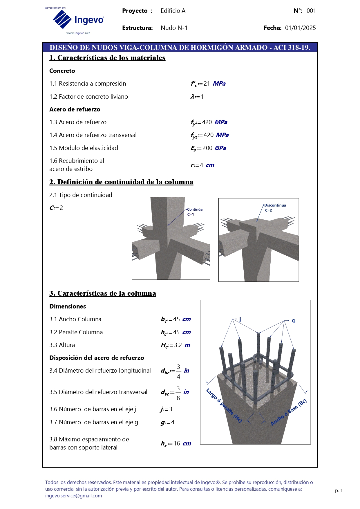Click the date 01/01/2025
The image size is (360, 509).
tap(300, 28)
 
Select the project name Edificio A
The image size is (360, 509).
tap(173, 11)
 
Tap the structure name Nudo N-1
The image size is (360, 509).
tap(174, 28)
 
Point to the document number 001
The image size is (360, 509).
tap(311, 11)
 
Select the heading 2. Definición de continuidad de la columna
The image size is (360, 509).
tap(121, 182)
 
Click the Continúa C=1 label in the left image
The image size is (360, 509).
tap(194, 212)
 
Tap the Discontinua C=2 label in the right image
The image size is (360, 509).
tap(274, 207)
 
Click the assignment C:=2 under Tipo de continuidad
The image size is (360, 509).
tap(56, 208)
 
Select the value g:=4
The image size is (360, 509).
tap(167, 422)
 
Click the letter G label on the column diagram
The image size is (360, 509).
tap(294, 321)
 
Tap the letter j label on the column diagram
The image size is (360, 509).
tap(240, 319)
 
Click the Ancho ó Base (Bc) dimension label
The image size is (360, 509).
tap(288, 412)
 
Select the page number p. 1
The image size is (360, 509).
tap(339, 490)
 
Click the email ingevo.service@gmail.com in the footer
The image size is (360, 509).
tap(73, 496)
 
